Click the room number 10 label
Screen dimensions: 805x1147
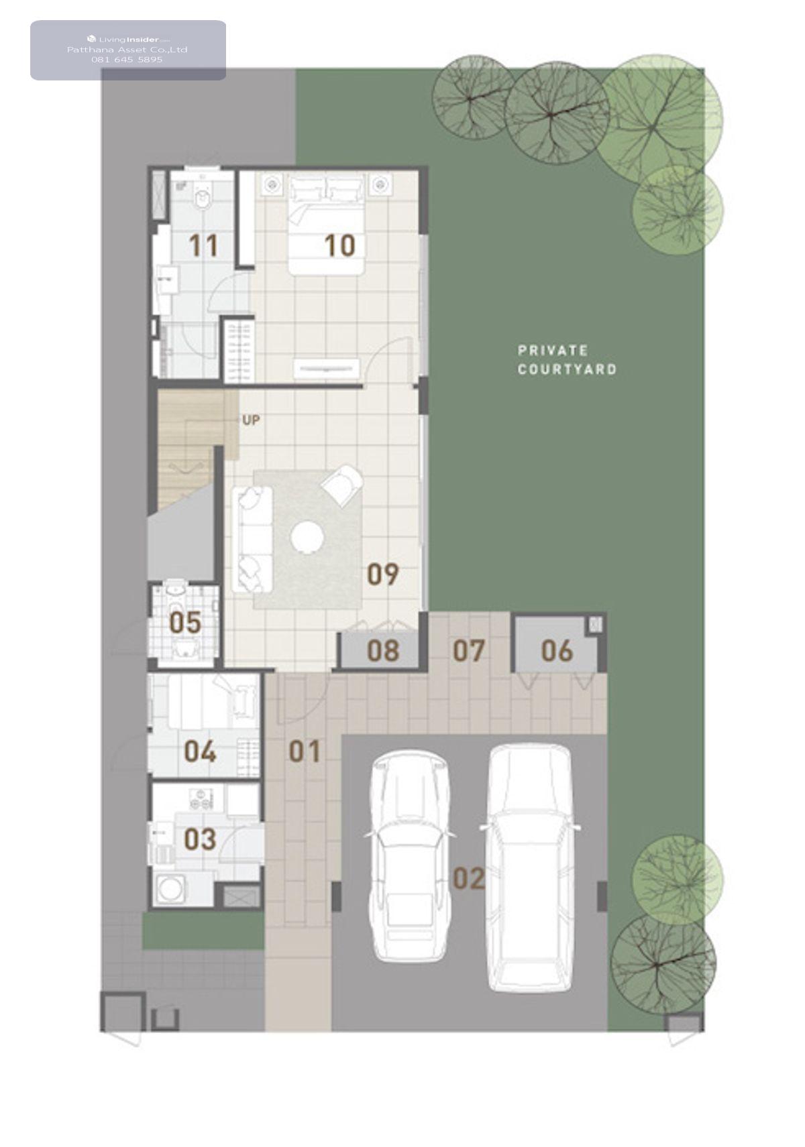(x=339, y=245)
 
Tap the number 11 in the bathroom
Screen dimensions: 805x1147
(x=203, y=245)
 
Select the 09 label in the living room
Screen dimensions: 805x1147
(x=383, y=574)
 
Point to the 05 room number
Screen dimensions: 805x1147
(x=185, y=623)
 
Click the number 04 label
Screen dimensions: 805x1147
(x=200, y=751)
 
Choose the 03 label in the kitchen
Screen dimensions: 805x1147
(x=200, y=839)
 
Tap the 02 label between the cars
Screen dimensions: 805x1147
(x=469, y=878)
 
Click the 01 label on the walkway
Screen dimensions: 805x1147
(x=305, y=751)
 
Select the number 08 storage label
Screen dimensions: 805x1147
(x=383, y=651)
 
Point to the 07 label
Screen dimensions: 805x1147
(x=468, y=651)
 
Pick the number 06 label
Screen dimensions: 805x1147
(x=557, y=651)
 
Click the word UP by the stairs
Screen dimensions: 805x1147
(x=251, y=420)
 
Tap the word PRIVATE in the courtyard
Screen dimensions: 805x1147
(x=552, y=351)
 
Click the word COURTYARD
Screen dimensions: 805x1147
(x=567, y=369)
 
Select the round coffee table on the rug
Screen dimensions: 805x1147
(x=307, y=537)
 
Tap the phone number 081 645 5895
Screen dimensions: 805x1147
(x=127, y=60)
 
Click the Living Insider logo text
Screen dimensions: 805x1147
(x=128, y=39)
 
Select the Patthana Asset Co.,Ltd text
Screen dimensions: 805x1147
(x=127, y=50)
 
